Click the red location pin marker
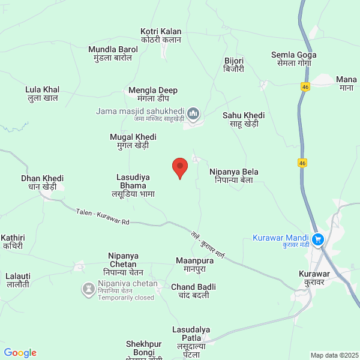click(x=179, y=167)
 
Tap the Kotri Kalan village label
click(x=161, y=35)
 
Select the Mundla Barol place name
click(x=113, y=53)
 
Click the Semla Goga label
click(x=293, y=58)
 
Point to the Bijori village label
click(x=234, y=65)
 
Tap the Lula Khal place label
click(x=42, y=94)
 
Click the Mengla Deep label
click(x=153, y=94)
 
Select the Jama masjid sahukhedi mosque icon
click(x=193, y=113)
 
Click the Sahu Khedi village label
click(x=244, y=119)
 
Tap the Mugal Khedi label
click(x=133, y=141)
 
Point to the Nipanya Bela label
click(x=234, y=176)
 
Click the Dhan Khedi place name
click(x=42, y=182)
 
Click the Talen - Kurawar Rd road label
click(x=103, y=217)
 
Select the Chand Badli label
click(x=193, y=291)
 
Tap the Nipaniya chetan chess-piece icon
click(x=89, y=290)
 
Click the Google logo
click(x=20, y=353)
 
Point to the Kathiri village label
click(x=12, y=242)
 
